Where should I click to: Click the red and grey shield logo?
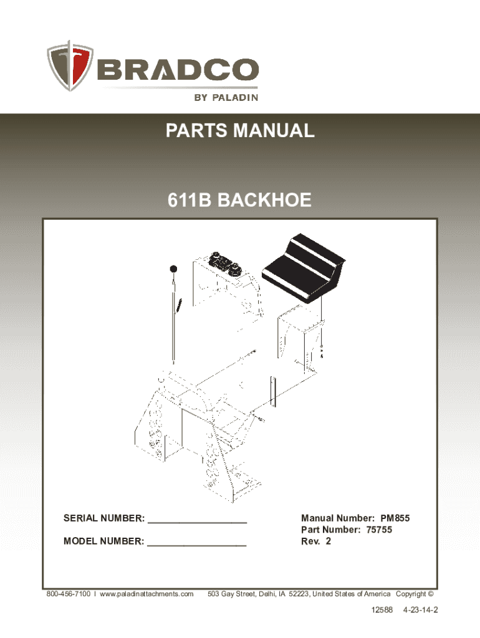point(70,65)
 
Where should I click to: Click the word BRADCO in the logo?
point(178,70)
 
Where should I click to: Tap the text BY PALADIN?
point(226,98)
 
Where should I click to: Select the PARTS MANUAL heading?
point(240,131)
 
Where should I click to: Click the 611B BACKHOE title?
point(239,200)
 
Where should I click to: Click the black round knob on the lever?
point(174,269)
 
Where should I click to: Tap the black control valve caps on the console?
point(225,264)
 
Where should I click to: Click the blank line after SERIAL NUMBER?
point(198,523)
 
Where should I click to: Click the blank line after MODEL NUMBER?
point(196,545)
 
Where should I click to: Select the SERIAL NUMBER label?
point(104,518)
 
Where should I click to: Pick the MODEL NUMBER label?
point(104,541)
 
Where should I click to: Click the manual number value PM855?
point(395,518)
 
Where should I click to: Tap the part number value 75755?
point(379,530)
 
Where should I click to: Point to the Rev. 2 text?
point(316,541)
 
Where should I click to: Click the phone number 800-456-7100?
point(69,594)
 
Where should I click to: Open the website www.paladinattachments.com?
point(146,594)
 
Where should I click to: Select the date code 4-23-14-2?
point(421,609)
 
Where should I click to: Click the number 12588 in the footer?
point(382,609)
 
